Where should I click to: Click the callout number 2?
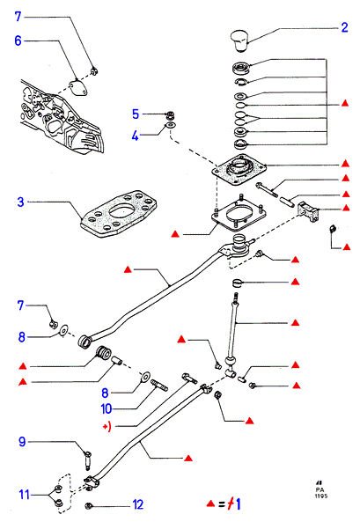pyautogui.click(x=345, y=27)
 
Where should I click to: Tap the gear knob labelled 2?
pyautogui.click(x=240, y=40)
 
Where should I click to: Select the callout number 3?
pyautogui.click(x=20, y=202)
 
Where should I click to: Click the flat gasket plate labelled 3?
pyautogui.click(x=119, y=213)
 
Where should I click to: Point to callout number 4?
pyautogui.click(x=135, y=136)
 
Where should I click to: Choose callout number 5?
pyautogui.click(x=136, y=114)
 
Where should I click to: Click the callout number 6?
pyautogui.click(x=18, y=40)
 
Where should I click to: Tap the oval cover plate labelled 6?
pyautogui.click(x=79, y=88)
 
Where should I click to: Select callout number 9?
pyautogui.click(x=22, y=442)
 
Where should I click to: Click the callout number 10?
pyautogui.click(x=107, y=408)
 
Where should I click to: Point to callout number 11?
pyautogui.click(x=25, y=495)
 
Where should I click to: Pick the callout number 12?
pyautogui.click(x=138, y=504)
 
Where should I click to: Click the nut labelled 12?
pyautogui.click(x=89, y=506)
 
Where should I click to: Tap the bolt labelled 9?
pyautogui.click(x=88, y=460)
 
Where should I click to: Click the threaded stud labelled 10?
pyautogui.click(x=159, y=386)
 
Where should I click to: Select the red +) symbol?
pyautogui.click(x=107, y=426)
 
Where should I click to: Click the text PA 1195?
pyautogui.click(x=320, y=492)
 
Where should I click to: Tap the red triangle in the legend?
pyautogui.click(x=210, y=504)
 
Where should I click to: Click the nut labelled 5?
pyautogui.click(x=171, y=115)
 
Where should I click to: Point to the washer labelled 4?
pyautogui.click(x=170, y=126)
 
